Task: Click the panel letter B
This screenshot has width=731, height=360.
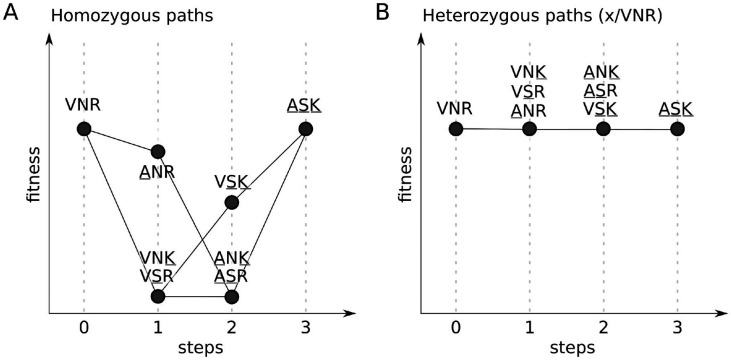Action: (383, 13)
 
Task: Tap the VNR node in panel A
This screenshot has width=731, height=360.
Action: (84, 128)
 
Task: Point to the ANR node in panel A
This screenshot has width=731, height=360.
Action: (158, 152)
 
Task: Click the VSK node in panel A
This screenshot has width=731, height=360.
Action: (232, 202)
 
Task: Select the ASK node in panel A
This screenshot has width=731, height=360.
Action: (306, 128)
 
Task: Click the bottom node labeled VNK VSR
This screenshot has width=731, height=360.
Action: (158, 296)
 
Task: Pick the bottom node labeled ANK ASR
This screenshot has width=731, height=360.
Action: (232, 296)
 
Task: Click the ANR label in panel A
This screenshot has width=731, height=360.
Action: (157, 172)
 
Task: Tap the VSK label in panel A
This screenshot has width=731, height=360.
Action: (231, 182)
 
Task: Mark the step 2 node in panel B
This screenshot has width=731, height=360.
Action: (603, 128)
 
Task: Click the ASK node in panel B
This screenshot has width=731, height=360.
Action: (677, 128)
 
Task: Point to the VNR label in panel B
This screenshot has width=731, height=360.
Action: (455, 108)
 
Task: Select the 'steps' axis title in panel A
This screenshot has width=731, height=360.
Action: (195, 347)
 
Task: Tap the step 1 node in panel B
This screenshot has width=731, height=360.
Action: (529, 128)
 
